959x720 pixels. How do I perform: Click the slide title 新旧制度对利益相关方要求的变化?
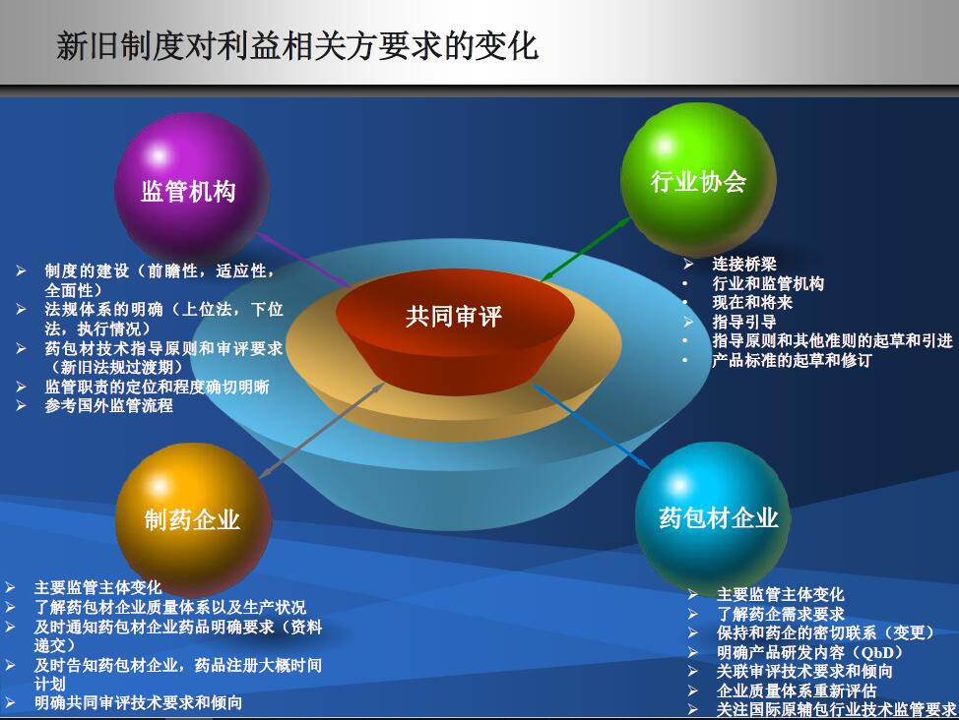click(297, 46)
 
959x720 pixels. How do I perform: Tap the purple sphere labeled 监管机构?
click(191, 188)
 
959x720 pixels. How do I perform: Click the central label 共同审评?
click(454, 316)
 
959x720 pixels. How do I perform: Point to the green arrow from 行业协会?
click(586, 250)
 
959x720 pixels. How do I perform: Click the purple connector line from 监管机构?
click(303, 259)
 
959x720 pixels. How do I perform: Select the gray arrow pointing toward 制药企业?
click(322, 430)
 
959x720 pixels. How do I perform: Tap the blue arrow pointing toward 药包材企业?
click(592, 427)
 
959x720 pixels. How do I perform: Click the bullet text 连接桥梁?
click(744, 264)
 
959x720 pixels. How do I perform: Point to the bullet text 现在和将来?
click(752, 303)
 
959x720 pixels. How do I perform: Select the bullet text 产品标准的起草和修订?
click(792, 360)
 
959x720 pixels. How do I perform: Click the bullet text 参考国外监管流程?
click(109, 406)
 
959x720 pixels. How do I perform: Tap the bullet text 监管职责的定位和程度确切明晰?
click(158, 387)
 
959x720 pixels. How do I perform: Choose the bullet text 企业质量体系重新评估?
click(797, 690)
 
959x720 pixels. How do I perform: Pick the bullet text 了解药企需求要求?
click(781, 614)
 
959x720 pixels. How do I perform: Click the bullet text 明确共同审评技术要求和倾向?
click(138, 703)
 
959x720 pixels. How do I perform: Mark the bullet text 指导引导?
click(744, 322)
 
